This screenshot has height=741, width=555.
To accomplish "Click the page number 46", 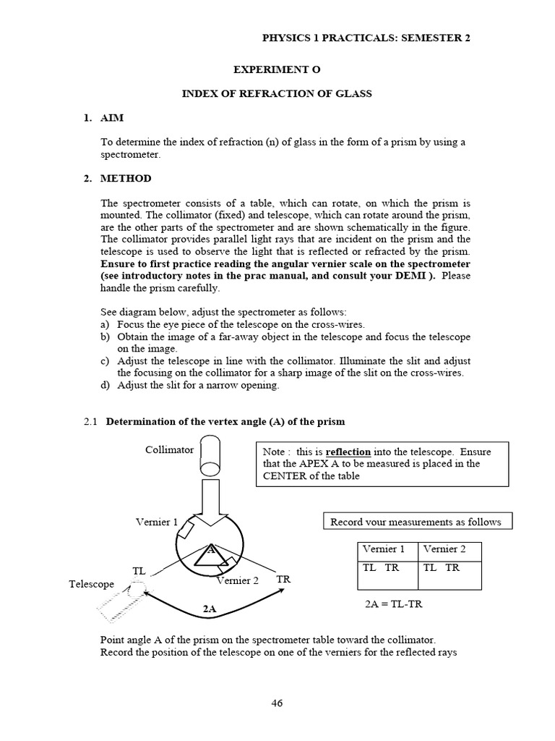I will tap(277, 702).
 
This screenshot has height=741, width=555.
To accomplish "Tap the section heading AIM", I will tap(114, 118).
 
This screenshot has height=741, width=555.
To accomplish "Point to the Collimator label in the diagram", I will tap(169, 449).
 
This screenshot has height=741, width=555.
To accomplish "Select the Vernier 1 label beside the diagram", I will tap(157, 521).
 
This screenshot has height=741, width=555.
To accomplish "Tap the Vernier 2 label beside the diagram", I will tap(236, 580).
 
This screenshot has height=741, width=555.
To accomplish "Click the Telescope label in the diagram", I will tap(92, 584).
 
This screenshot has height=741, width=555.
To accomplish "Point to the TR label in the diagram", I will tap(284, 580).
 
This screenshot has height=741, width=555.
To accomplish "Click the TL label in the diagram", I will tap(139, 571).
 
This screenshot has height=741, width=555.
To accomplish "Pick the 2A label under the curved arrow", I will tap(210, 609).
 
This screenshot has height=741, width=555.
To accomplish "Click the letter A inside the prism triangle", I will tap(211, 549).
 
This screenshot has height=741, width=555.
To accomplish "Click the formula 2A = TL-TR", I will tap(394, 604).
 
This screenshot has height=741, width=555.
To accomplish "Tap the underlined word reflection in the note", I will tap(347, 452).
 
